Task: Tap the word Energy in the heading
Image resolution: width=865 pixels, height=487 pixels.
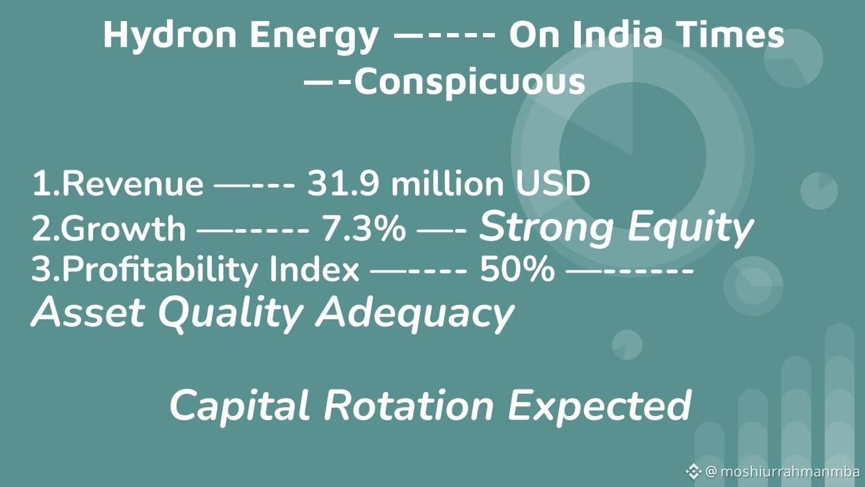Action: point(314,36)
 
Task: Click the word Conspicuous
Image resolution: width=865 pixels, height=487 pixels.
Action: point(470,82)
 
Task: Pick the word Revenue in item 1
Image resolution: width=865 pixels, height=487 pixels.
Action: point(132,183)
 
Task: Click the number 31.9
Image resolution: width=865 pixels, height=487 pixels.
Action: point(343,183)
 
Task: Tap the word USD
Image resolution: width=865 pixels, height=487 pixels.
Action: point(553,183)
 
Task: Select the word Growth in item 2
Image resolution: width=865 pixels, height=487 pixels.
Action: point(123,228)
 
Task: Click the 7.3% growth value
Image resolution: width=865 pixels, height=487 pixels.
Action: point(363,228)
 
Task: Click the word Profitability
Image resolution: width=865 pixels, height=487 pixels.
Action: point(160,269)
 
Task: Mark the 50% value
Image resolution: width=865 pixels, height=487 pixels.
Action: point(517,269)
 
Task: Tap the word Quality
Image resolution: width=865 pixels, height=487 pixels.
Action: point(230,314)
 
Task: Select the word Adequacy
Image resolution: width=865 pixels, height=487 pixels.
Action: point(415,314)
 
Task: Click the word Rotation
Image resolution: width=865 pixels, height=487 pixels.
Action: point(408,405)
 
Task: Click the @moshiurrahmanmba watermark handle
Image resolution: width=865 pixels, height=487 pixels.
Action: point(785,472)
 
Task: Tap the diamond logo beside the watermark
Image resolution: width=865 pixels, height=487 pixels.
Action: point(693,471)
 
